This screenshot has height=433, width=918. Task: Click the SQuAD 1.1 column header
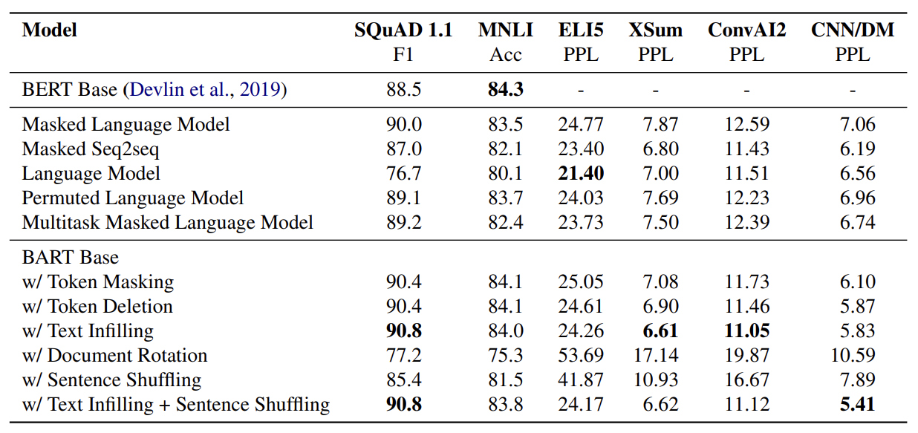coord(403,30)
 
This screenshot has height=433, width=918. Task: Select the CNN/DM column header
coord(853,30)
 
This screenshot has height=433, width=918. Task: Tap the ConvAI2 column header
coord(746,30)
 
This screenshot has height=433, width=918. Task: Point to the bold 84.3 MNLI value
coord(505,90)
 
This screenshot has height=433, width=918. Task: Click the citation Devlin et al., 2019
coord(207,90)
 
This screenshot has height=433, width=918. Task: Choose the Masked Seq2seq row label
coord(91,149)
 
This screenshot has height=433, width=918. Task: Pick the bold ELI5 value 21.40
coord(581,174)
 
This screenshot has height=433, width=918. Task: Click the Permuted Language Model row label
coord(133,198)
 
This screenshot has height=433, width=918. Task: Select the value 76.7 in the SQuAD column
coord(403,174)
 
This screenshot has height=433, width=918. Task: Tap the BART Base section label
coord(70,257)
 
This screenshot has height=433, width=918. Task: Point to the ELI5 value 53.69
coord(581,356)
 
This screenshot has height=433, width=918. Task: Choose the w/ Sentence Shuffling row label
coord(111,380)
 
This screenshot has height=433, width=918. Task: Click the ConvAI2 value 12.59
coord(746,125)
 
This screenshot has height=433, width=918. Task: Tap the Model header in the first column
coord(49,30)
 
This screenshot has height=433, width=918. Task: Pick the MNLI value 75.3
coord(505,356)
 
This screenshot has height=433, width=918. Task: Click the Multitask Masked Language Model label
coord(167,223)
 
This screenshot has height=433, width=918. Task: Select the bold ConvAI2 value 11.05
coord(746,331)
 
